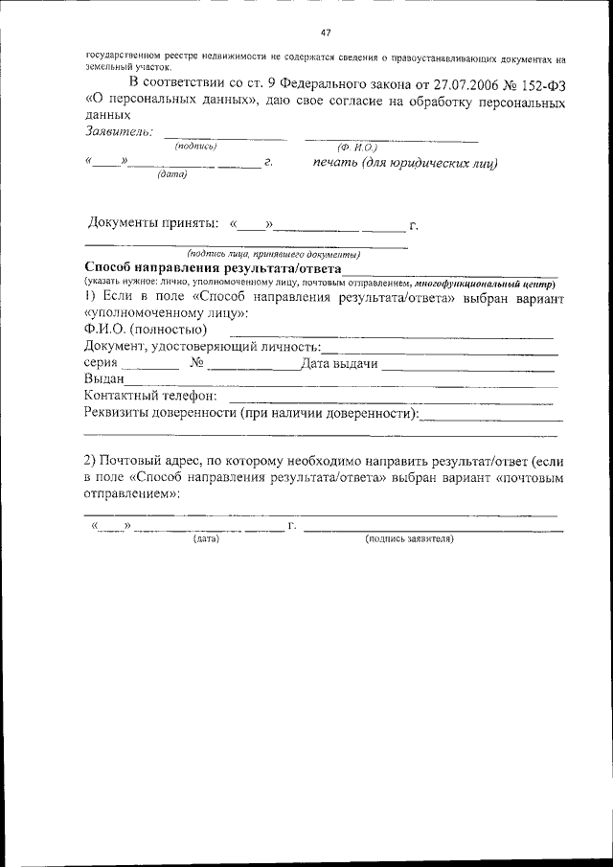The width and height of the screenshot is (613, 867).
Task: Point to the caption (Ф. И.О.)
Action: click(358, 146)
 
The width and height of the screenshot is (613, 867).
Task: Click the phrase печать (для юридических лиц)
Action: click(405, 163)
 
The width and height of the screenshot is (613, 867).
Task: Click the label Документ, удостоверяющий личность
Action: click(201, 346)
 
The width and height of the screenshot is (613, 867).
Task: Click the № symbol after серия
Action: click(196, 363)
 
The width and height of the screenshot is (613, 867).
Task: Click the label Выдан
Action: click(104, 379)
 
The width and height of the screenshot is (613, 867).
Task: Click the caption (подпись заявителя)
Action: click(409, 539)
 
